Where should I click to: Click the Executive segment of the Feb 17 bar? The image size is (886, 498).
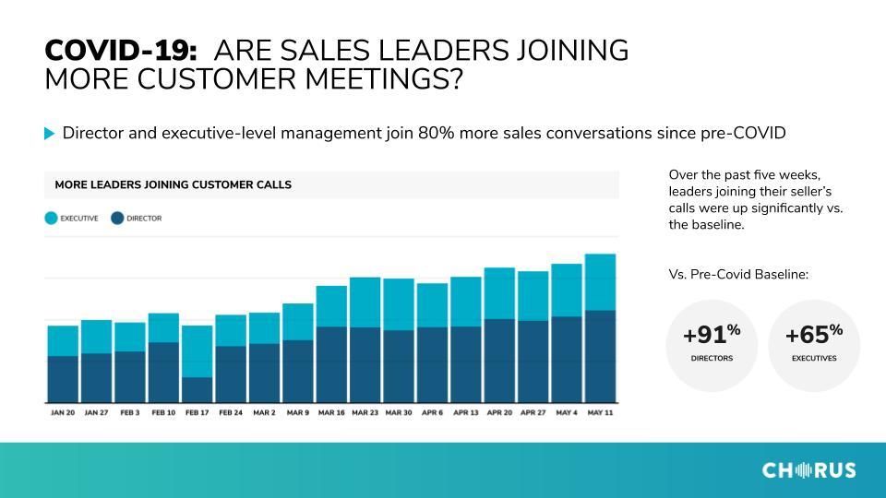[x=198, y=351]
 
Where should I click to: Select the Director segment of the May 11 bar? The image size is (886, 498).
[x=600, y=356]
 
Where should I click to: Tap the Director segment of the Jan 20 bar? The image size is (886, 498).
[x=63, y=379]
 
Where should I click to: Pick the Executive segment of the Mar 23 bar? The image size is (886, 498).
[x=365, y=302]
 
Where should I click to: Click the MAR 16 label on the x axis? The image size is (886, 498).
[x=331, y=413]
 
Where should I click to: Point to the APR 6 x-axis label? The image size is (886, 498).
[x=432, y=413]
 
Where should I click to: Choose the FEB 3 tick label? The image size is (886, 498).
[x=130, y=413]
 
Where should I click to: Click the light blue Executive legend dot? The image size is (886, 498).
[x=52, y=218]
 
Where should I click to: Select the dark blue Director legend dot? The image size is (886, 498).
[x=117, y=218]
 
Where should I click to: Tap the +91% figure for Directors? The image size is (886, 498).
[x=712, y=334]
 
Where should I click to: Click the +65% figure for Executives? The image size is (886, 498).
[x=814, y=334]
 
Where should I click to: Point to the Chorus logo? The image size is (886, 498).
[x=808, y=470]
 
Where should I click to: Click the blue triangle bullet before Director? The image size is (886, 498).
[x=49, y=133]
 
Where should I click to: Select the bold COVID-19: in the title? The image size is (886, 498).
[x=121, y=50]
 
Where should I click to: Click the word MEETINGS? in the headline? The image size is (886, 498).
[x=384, y=78]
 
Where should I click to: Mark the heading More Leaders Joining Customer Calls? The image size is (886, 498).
[x=173, y=184]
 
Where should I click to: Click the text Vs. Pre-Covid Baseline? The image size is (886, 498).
[x=738, y=275]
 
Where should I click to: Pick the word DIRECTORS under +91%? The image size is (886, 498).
[x=712, y=358]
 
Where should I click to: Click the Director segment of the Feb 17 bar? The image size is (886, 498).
[x=198, y=389]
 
